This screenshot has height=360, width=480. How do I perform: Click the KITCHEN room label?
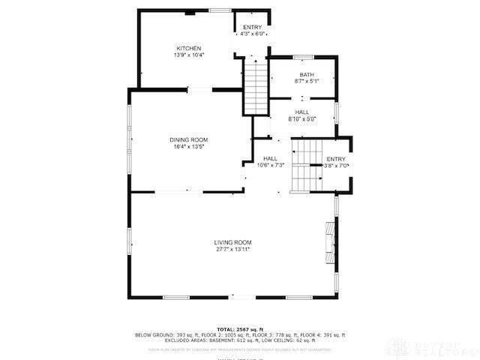188,48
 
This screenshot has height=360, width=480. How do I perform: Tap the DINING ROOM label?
188,140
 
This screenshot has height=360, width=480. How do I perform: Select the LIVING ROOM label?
232,242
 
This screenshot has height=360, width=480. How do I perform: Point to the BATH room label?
307,74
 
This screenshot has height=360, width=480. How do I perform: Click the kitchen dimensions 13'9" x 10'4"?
188,55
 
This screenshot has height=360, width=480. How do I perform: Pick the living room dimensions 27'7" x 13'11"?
232,249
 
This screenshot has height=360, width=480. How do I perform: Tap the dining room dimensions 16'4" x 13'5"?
188,147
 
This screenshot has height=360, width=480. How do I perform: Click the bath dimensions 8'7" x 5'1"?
307,81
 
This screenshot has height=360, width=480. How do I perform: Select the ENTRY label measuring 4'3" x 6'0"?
253,27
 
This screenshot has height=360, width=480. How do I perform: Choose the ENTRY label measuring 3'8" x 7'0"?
336,158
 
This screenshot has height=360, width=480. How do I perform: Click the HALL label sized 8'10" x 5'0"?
302,112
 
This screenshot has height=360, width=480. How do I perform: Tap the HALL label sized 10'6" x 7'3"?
270,158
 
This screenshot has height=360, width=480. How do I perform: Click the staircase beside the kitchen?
256,86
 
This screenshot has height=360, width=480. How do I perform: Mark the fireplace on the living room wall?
329,243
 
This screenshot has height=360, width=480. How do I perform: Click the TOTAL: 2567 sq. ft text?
240,329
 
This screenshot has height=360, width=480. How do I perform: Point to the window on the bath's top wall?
304,56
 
